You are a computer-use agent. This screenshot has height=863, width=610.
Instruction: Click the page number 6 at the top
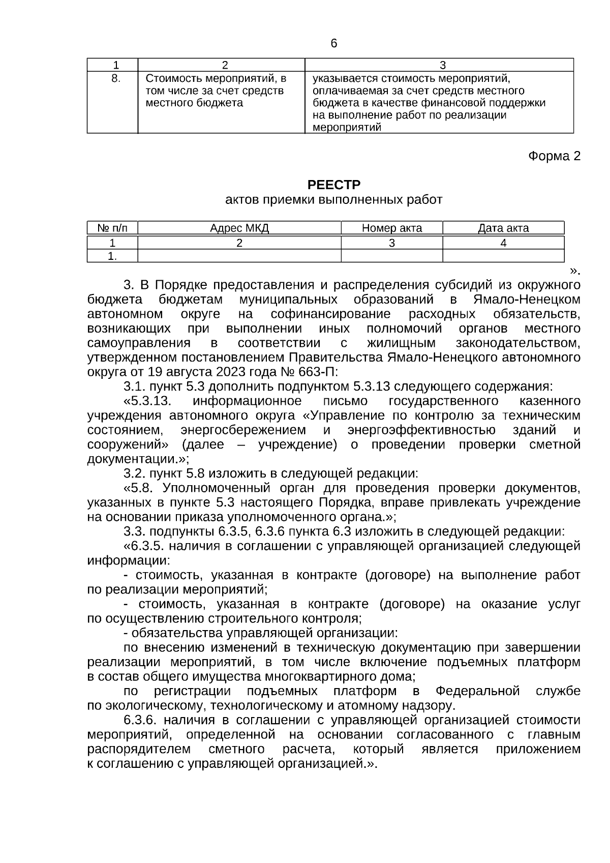click(333, 44)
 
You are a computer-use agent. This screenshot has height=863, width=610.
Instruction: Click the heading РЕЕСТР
click(333, 185)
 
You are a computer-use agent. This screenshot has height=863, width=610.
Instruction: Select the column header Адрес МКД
click(239, 228)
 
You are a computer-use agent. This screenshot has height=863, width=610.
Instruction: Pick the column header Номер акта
click(391, 228)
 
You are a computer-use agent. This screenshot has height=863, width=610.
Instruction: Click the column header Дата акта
click(503, 228)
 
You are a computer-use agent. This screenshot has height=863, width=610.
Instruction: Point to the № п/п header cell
click(112, 228)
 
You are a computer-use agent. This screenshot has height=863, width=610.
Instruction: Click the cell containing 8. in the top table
click(115, 78)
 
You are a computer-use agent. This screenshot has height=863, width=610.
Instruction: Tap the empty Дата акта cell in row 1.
click(503, 256)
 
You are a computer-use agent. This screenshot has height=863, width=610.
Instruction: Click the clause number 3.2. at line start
click(135, 474)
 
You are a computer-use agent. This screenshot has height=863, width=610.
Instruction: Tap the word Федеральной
click(477, 692)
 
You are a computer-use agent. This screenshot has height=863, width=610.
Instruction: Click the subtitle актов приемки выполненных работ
click(333, 200)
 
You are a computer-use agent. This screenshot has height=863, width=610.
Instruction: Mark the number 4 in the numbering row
click(503, 243)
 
